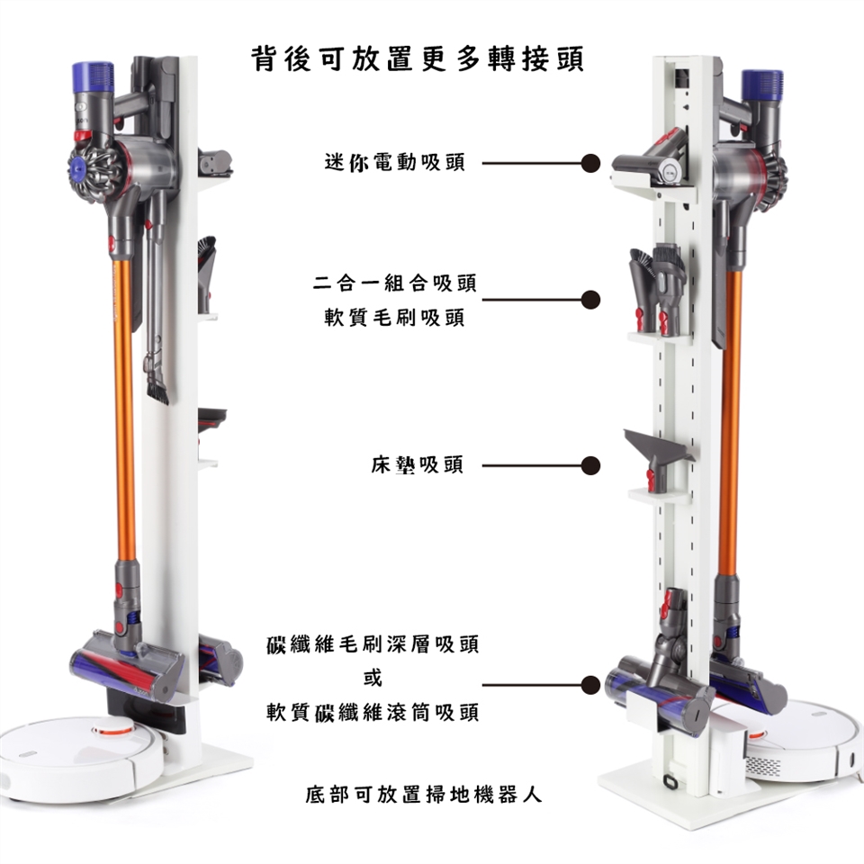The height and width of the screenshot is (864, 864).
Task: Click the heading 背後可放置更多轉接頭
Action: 417,59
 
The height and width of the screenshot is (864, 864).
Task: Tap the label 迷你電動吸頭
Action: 395,163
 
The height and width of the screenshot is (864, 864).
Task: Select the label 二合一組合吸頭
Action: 394,283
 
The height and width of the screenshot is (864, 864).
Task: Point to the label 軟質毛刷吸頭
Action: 395,318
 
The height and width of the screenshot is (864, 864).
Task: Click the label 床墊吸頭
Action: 418,464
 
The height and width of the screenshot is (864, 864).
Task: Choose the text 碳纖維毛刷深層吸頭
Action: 373,643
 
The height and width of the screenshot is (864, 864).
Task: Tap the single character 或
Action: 373,678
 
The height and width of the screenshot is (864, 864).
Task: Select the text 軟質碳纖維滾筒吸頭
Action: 373,712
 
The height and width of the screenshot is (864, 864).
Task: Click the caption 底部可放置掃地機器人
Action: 424,794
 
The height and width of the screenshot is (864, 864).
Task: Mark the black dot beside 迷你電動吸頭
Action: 590,163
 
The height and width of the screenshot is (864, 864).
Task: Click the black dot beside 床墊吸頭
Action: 590,465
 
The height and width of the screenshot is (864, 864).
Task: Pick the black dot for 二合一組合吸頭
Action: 590,300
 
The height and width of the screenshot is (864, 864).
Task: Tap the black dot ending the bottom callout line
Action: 590,685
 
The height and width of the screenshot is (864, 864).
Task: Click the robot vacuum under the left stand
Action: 83,758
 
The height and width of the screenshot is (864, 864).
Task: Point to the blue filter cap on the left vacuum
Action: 93,76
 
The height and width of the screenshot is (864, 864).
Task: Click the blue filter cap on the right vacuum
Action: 762,85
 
